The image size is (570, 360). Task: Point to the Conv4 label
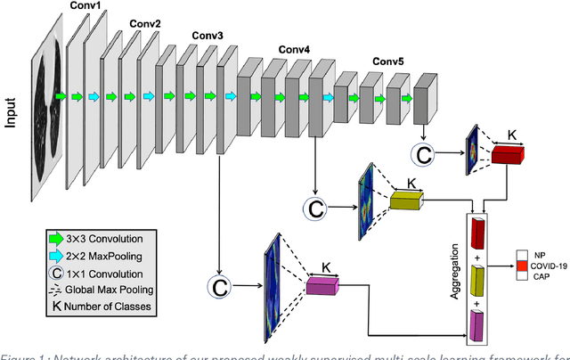pyautogui.click(x=294, y=50)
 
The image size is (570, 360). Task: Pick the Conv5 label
pyautogui.click(x=387, y=61)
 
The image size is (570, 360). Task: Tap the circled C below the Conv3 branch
pyautogui.click(x=219, y=287)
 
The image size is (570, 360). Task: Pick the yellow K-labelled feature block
pyautogui.click(x=407, y=201)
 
